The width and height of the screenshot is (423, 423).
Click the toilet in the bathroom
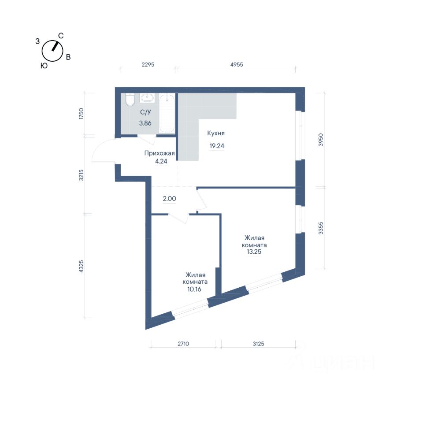point(130,100)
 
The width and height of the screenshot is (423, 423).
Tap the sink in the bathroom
point(147,98)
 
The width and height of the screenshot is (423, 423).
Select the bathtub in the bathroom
point(167,113)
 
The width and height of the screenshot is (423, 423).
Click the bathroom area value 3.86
point(145,123)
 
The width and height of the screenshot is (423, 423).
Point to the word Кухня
point(216,133)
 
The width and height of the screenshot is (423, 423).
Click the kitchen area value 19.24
point(217,146)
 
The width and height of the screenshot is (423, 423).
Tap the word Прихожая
point(160,153)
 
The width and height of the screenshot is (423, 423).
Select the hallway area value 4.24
point(161,161)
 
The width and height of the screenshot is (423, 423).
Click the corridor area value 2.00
point(169,199)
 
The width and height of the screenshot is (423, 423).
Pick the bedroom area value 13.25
point(254,252)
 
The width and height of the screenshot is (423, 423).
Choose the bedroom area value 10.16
point(194,289)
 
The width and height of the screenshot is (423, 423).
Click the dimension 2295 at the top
point(148,65)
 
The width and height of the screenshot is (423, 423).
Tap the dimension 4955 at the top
point(237,65)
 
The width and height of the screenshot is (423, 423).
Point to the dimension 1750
point(81,114)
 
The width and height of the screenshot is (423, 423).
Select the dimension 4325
point(81,266)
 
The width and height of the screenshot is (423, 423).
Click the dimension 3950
point(320,140)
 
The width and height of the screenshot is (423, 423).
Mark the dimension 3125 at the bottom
point(259,344)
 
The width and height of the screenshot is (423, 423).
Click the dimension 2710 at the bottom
point(183,344)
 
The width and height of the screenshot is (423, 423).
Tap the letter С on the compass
point(61,36)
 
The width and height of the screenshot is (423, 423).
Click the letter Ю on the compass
point(44,66)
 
